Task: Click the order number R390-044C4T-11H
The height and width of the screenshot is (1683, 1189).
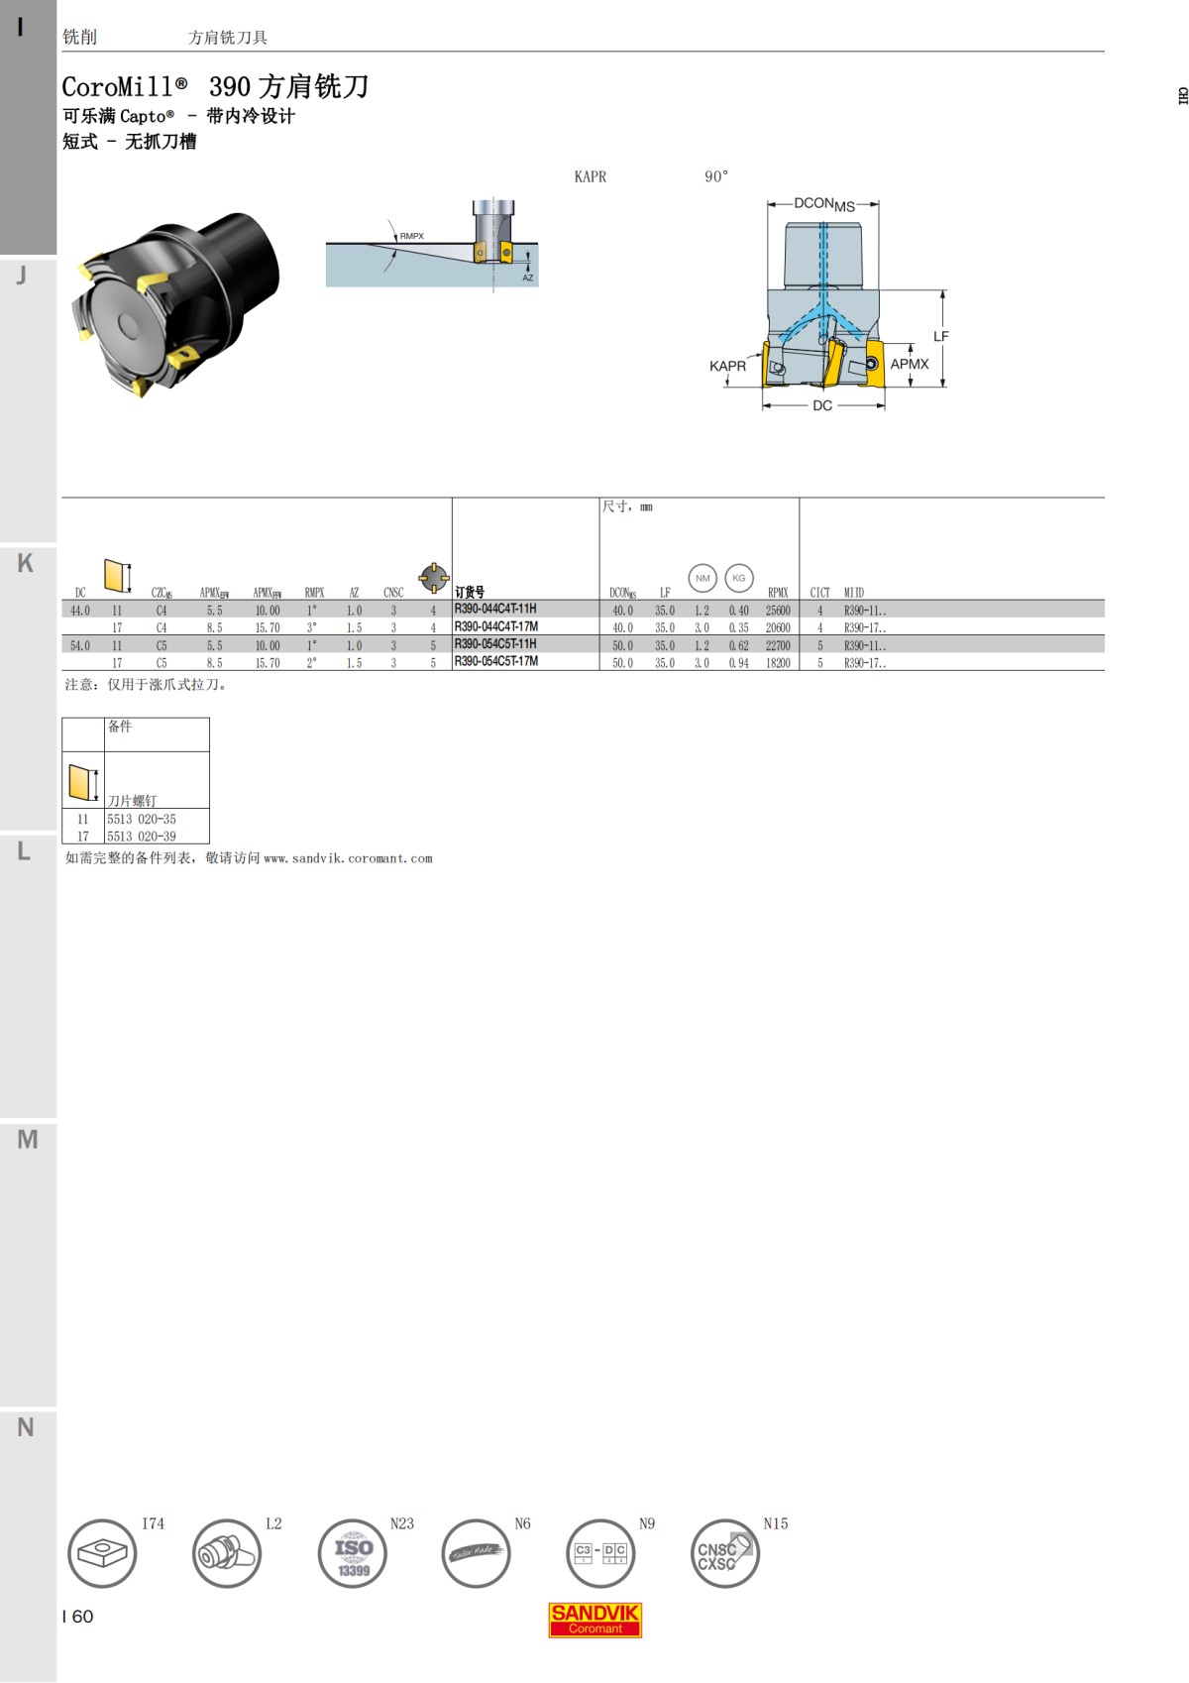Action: pos(495,609)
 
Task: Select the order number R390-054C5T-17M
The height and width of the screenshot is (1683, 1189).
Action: pos(496,661)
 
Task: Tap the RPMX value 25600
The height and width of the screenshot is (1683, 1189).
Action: pos(778,611)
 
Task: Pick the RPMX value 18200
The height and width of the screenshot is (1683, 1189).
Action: pos(778,663)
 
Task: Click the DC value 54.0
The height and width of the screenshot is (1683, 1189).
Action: pos(80,645)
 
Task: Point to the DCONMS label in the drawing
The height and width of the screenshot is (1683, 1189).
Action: pos(823,204)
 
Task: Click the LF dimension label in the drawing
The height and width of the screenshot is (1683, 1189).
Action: pos(940,337)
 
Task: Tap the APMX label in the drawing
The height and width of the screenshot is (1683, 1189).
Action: pos(909,364)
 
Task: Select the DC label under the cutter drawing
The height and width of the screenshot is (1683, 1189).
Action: pos(822,405)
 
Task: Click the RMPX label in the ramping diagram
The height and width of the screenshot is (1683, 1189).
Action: pos(411,236)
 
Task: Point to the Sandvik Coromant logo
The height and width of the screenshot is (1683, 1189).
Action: pos(594,1620)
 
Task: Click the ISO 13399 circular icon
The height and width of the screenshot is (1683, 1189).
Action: pos(353,1553)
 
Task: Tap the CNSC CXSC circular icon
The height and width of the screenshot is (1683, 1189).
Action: pos(724,1553)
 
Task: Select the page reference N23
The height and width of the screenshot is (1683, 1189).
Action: pos(401,1523)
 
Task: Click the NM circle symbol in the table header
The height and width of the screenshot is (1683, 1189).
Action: pos(703,578)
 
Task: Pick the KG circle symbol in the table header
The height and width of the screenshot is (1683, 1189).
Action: pos(738,578)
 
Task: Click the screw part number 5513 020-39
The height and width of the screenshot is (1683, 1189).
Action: pos(142,837)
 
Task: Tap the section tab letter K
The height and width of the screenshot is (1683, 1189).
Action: pos(26,563)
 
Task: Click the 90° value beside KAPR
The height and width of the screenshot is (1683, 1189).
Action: pos(716,176)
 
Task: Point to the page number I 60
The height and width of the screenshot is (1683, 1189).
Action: pos(77,1617)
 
